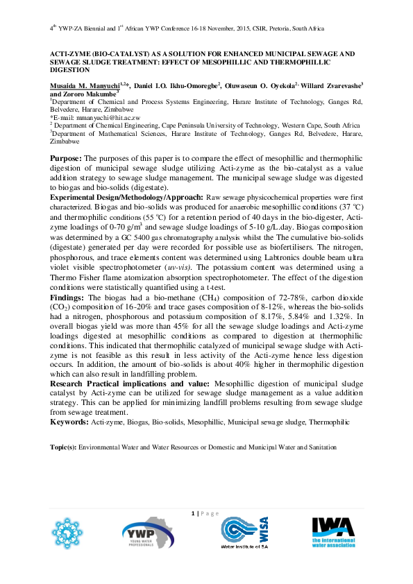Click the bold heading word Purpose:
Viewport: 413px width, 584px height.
click(66, 159)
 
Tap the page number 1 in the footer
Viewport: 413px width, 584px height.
click(192, 513)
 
